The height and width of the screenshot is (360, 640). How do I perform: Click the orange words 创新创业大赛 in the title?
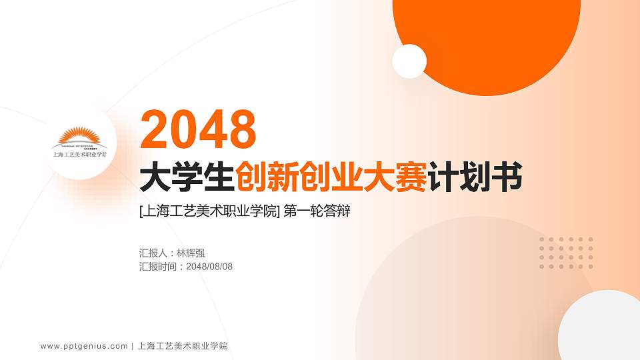click(331, 177)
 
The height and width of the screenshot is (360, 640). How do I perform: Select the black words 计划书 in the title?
click(474, 177)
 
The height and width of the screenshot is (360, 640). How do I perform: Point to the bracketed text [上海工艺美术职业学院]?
click(209, 212)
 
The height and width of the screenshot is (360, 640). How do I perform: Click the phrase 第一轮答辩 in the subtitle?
click(317, 212)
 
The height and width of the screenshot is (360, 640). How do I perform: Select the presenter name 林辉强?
click(191, 253)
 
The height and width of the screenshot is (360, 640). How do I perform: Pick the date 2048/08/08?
click(209, 267)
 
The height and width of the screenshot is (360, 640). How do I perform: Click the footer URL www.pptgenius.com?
click(84, 346)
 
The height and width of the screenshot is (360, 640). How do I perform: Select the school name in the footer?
click(183, 346)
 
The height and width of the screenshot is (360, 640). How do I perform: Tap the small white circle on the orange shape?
click(409, 61)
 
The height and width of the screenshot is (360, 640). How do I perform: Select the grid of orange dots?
click(566, 253)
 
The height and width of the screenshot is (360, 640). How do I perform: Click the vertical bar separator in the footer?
click(133, 346)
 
